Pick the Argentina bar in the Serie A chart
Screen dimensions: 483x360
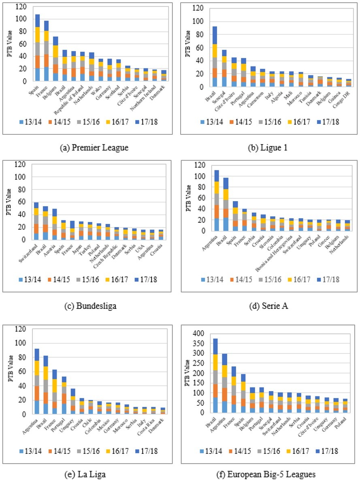pos(217,200)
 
